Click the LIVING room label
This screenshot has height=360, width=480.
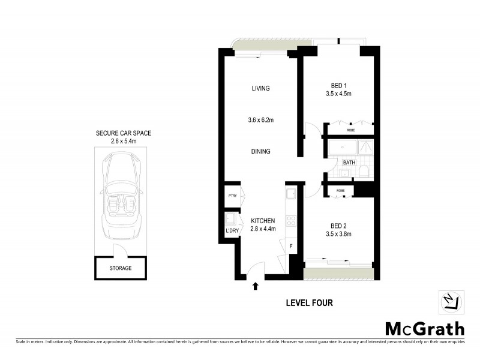260,88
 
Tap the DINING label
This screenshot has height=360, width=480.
260,152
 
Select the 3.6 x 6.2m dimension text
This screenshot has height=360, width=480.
261,120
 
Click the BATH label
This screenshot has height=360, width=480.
349,163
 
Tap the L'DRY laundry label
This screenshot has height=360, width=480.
232,230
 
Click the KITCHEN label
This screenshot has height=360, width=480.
263,221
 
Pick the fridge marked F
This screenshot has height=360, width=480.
292,245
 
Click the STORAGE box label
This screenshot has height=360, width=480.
120,268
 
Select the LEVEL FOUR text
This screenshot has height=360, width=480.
309,303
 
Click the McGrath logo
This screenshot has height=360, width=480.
424,328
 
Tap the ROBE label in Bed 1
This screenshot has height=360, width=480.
350,130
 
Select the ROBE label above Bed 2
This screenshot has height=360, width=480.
340,191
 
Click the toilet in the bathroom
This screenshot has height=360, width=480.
364,173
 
